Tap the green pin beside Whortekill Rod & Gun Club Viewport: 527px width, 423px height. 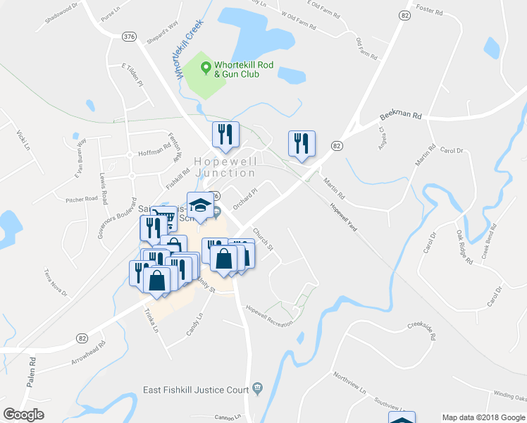pos(206,68)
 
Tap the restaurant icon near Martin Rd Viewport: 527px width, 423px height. pos(302,145)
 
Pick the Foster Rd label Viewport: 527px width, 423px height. pos(428,12)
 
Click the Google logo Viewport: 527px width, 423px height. pos(24,415)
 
